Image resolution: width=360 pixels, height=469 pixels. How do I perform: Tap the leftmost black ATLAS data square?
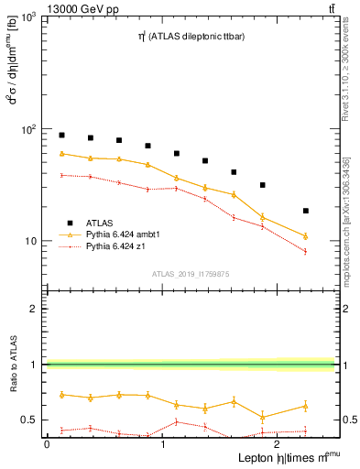(x=61, y=135)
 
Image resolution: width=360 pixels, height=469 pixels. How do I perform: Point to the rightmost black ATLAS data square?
(x=306, y=211)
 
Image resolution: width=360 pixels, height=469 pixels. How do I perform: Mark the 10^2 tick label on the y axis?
(x=29, y=130)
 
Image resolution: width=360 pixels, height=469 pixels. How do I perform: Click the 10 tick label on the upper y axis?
(x=32, y=242)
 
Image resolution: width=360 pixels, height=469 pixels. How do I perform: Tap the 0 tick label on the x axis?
(x=47, y=443)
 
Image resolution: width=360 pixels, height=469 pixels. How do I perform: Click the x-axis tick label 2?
(x=278, y=443)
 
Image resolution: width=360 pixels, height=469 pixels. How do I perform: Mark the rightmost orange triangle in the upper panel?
(x=306, y=236)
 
